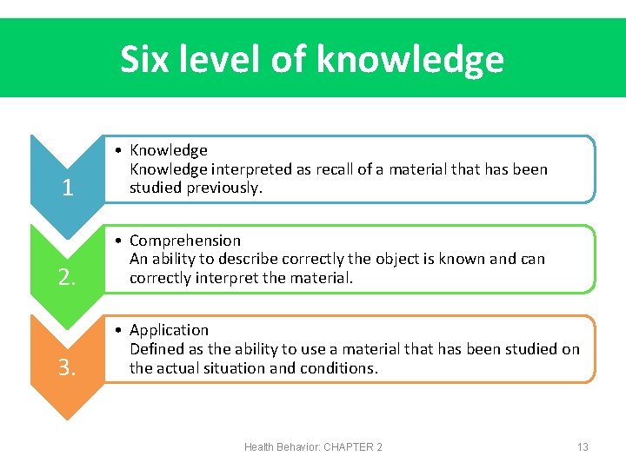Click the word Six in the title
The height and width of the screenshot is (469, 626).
142,60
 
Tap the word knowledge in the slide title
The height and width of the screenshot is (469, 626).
410,60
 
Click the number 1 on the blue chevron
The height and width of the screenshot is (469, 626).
67,188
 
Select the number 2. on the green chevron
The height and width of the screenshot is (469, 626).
67,277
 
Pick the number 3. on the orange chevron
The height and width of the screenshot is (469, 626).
67,367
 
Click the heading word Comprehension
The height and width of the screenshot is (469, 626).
184,241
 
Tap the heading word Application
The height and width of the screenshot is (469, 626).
169,330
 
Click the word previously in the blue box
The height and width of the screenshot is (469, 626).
224,188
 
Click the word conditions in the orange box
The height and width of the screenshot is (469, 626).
344,367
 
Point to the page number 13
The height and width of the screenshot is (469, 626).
583,446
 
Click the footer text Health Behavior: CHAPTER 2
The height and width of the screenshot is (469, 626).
313,446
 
